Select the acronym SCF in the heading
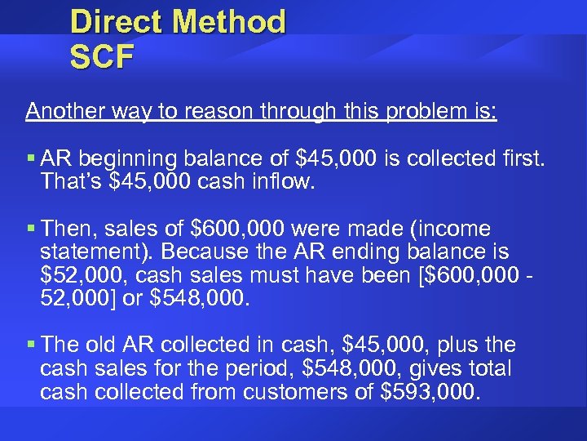click(101, 59)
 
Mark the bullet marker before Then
click(29, 227)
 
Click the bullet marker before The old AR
click(29, 345)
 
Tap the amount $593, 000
click(428, 392)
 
